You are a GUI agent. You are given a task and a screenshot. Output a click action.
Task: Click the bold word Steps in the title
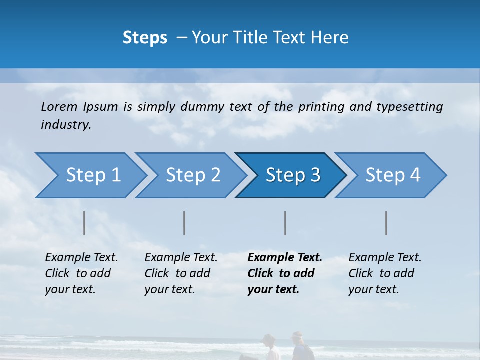(x=145, y=38)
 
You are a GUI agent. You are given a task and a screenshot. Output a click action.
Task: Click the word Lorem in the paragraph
(x=59, y=107)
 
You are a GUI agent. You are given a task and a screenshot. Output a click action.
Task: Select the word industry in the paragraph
(x=65, y=125)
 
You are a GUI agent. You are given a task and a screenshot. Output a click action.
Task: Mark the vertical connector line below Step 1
(x=84, y=223)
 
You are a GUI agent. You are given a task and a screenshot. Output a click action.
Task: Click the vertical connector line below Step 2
(x=184, y=223)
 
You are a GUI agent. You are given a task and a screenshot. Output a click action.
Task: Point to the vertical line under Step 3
(x=285, y=223)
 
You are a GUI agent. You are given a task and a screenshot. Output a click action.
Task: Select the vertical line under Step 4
(x=386, y=223)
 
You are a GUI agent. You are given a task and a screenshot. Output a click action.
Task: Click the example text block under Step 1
(x=81, y=273)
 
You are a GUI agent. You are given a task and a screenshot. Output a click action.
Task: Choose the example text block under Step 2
(x=181, y=273)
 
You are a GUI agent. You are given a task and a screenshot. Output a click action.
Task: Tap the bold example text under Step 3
(x=284, y=273)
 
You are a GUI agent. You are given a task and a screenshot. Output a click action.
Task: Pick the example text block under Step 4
(x=385, y=273)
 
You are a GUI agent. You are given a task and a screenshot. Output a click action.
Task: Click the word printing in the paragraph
(x=321, y=107)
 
